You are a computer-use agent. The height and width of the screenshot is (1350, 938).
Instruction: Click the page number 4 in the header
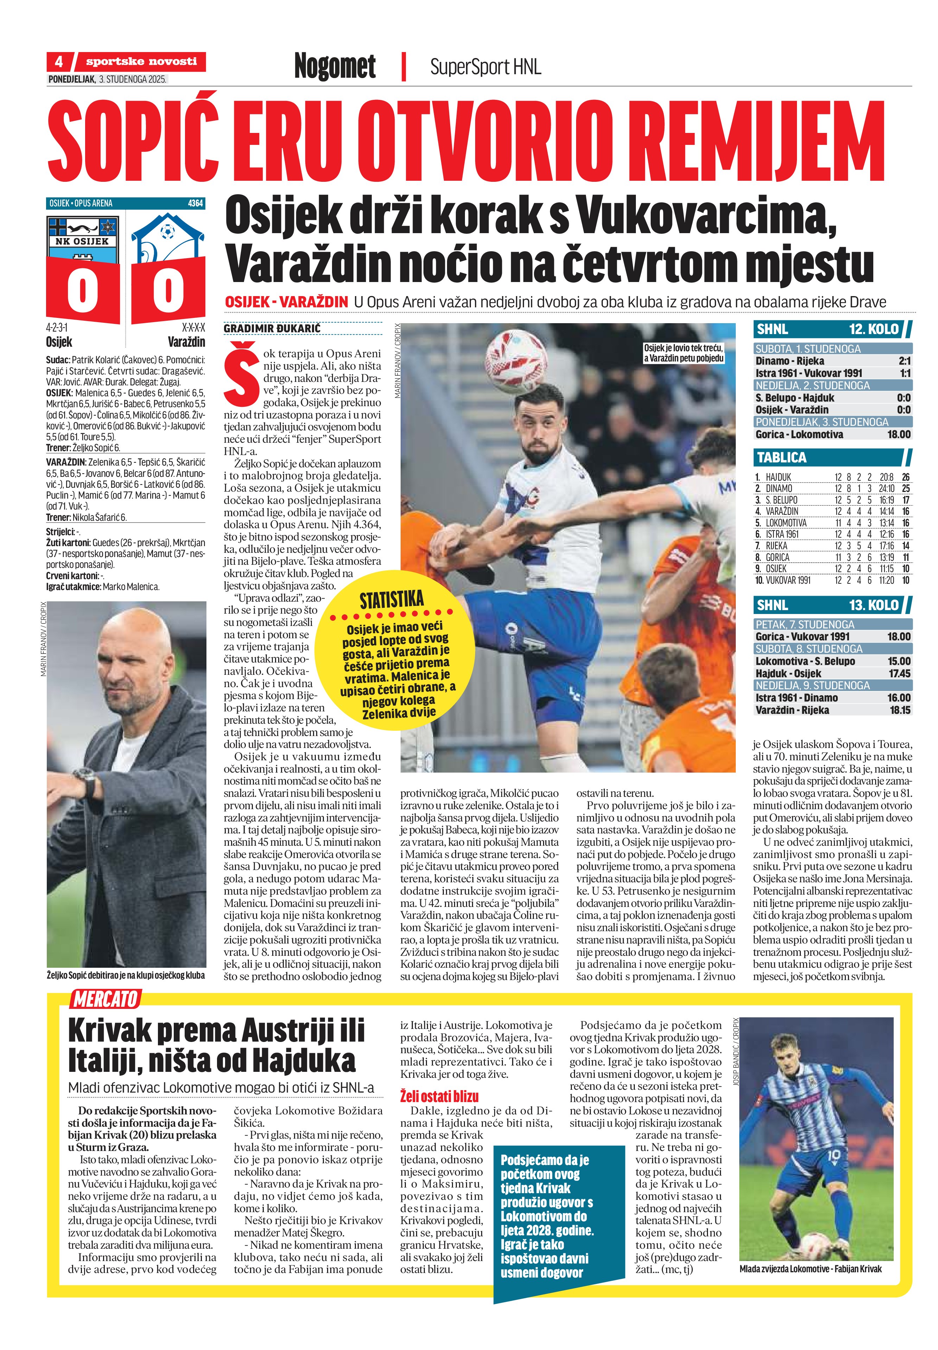pos(59,62)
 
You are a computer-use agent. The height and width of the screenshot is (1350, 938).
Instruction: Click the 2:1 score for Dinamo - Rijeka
pos(904,361)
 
